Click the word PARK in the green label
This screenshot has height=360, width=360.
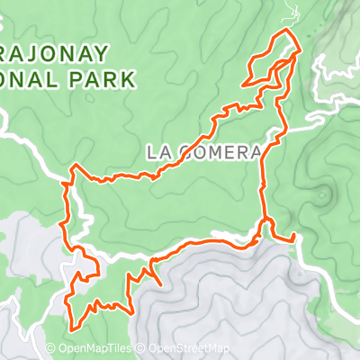(112, 78)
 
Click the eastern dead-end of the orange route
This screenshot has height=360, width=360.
(294, 239)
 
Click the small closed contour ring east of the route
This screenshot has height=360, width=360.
(323, 193)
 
